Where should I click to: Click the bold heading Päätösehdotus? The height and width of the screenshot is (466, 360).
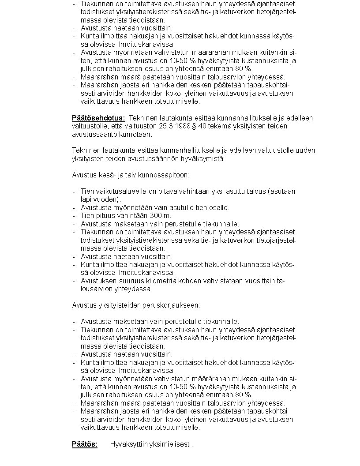pos(98,118)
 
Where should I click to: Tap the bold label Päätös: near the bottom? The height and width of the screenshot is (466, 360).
pos(85,444)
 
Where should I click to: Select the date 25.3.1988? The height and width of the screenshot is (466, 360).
pos(165,126)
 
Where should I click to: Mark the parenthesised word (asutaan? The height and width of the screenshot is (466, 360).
pos(281,191)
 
